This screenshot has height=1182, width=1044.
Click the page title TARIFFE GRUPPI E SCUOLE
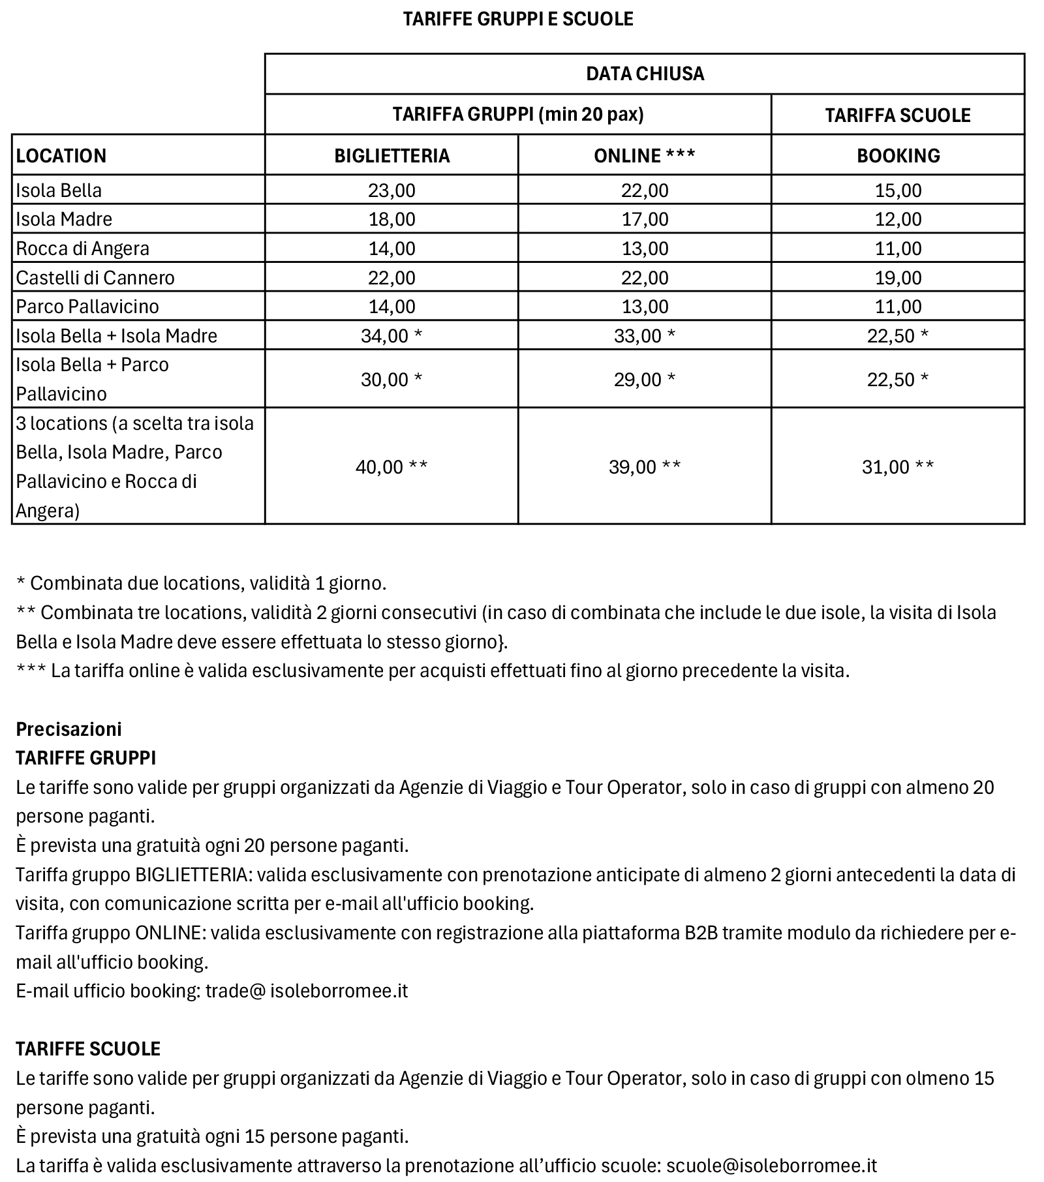tap(518, 19)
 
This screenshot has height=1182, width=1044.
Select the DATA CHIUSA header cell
tap(645, 74)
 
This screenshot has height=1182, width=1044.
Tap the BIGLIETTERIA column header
tap(391, 155)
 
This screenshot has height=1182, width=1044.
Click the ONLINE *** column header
tap(645, 155)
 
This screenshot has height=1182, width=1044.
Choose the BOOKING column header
tap(898, 155)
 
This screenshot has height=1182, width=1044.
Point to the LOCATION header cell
tap(61, 155)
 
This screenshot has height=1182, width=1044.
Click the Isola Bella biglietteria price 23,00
tap(391, 190)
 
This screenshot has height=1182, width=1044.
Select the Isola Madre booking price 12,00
tap(898, 219)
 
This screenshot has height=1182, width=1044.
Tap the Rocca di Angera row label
tap(83, 249)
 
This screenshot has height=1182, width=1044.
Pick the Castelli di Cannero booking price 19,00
tap(898, 278)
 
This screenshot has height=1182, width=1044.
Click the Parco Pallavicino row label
tap(87, 307)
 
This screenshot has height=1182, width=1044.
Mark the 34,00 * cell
tap(391, 336)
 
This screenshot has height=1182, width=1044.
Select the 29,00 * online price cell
tap(645, 380)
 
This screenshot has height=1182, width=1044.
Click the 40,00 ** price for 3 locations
tap(391, 467)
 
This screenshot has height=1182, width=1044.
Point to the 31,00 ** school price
tap(898, 467)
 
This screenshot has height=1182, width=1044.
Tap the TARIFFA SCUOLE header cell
tap(898, 115)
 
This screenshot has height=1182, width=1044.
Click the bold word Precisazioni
tap(69, 729)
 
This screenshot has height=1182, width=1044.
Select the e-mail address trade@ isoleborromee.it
tap(307, 991)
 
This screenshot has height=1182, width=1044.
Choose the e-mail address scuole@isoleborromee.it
tap(771, 1166)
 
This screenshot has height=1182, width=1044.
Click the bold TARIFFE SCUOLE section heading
tap(88, 1049)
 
